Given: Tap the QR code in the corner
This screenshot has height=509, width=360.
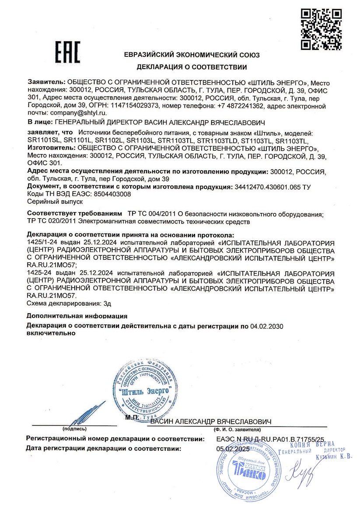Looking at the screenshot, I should click(322, 29).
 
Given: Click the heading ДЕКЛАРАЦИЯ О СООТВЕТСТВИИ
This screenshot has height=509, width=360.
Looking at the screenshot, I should click(192, 67).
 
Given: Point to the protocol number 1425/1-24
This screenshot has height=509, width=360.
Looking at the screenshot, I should click(42, 242).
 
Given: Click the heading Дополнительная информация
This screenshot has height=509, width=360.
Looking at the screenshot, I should click(77, 315).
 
